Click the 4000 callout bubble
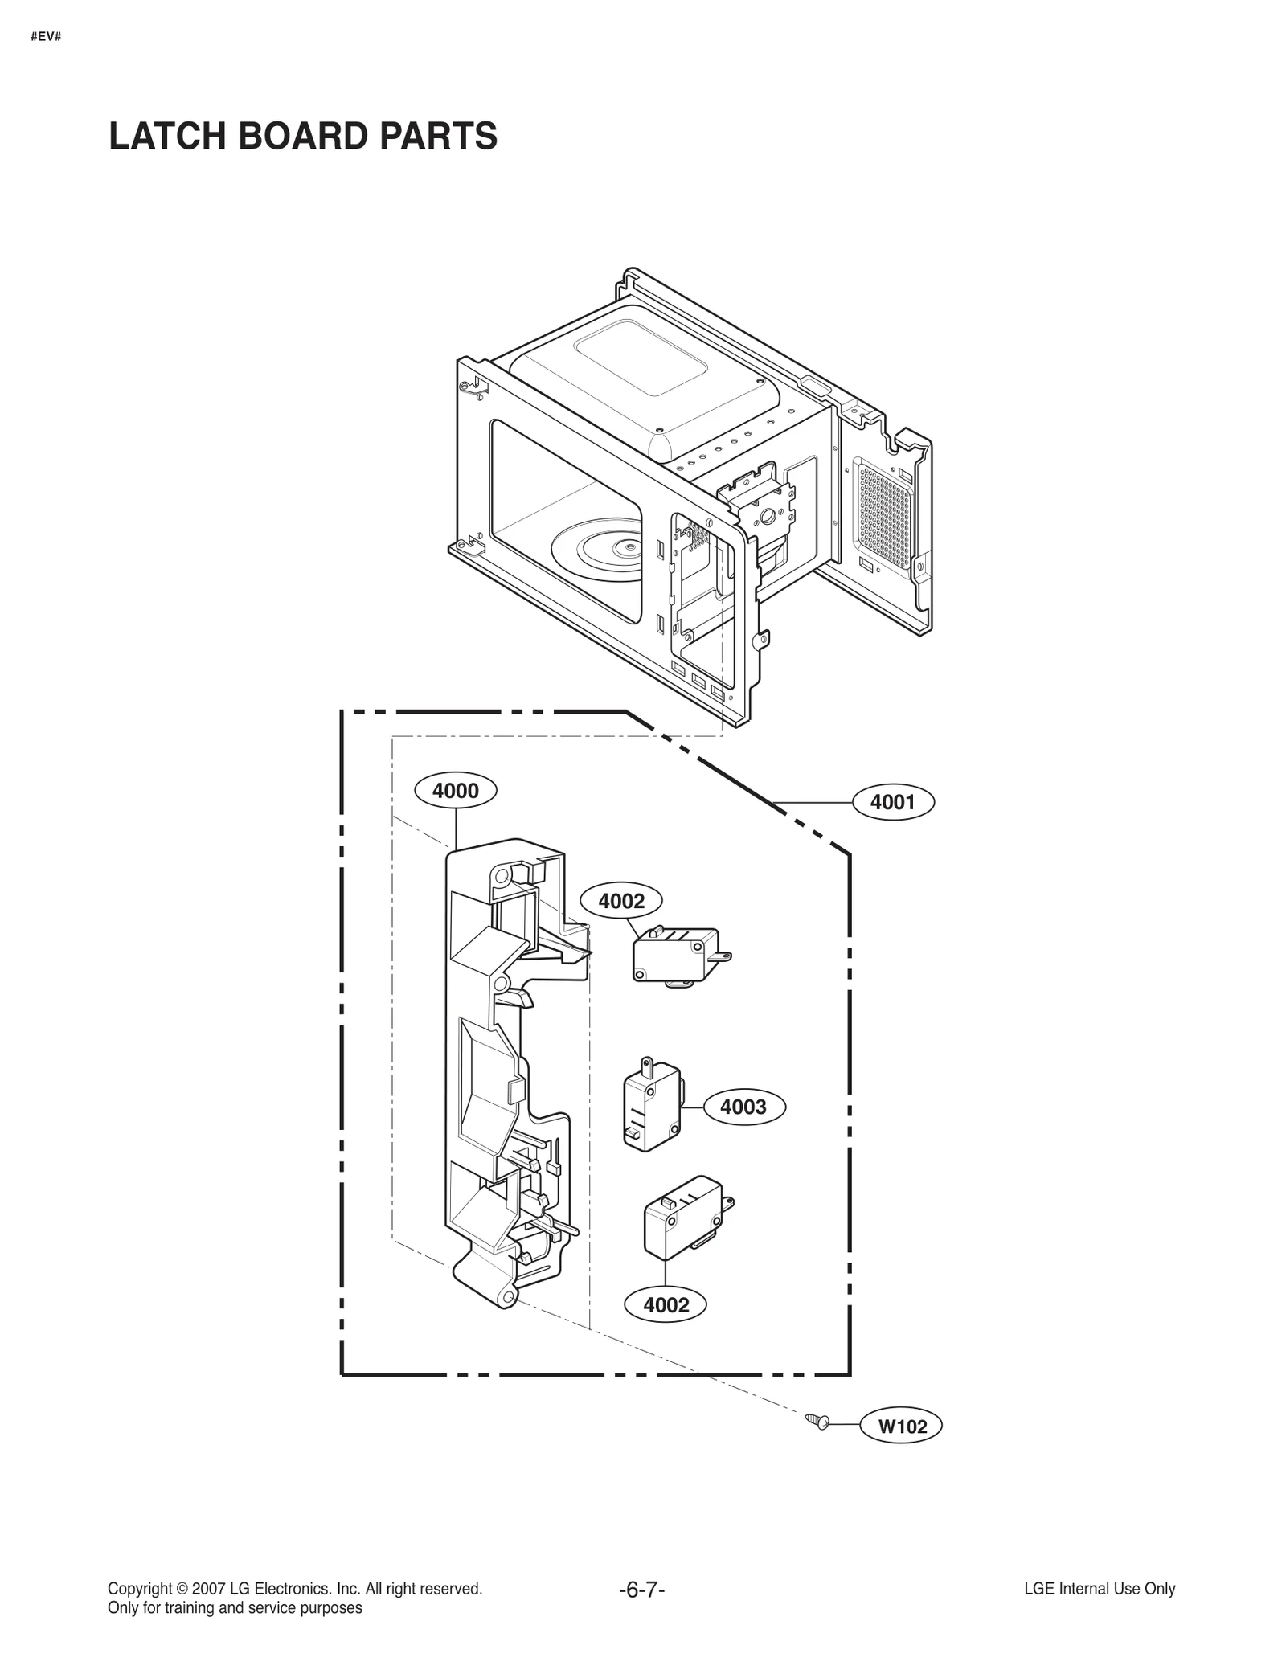(455, 791)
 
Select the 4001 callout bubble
(892, 802)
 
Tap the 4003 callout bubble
(743, 1107)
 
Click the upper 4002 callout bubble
(621, 901)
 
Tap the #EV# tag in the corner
(46, 37)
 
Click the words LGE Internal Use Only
(1100, 1588)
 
